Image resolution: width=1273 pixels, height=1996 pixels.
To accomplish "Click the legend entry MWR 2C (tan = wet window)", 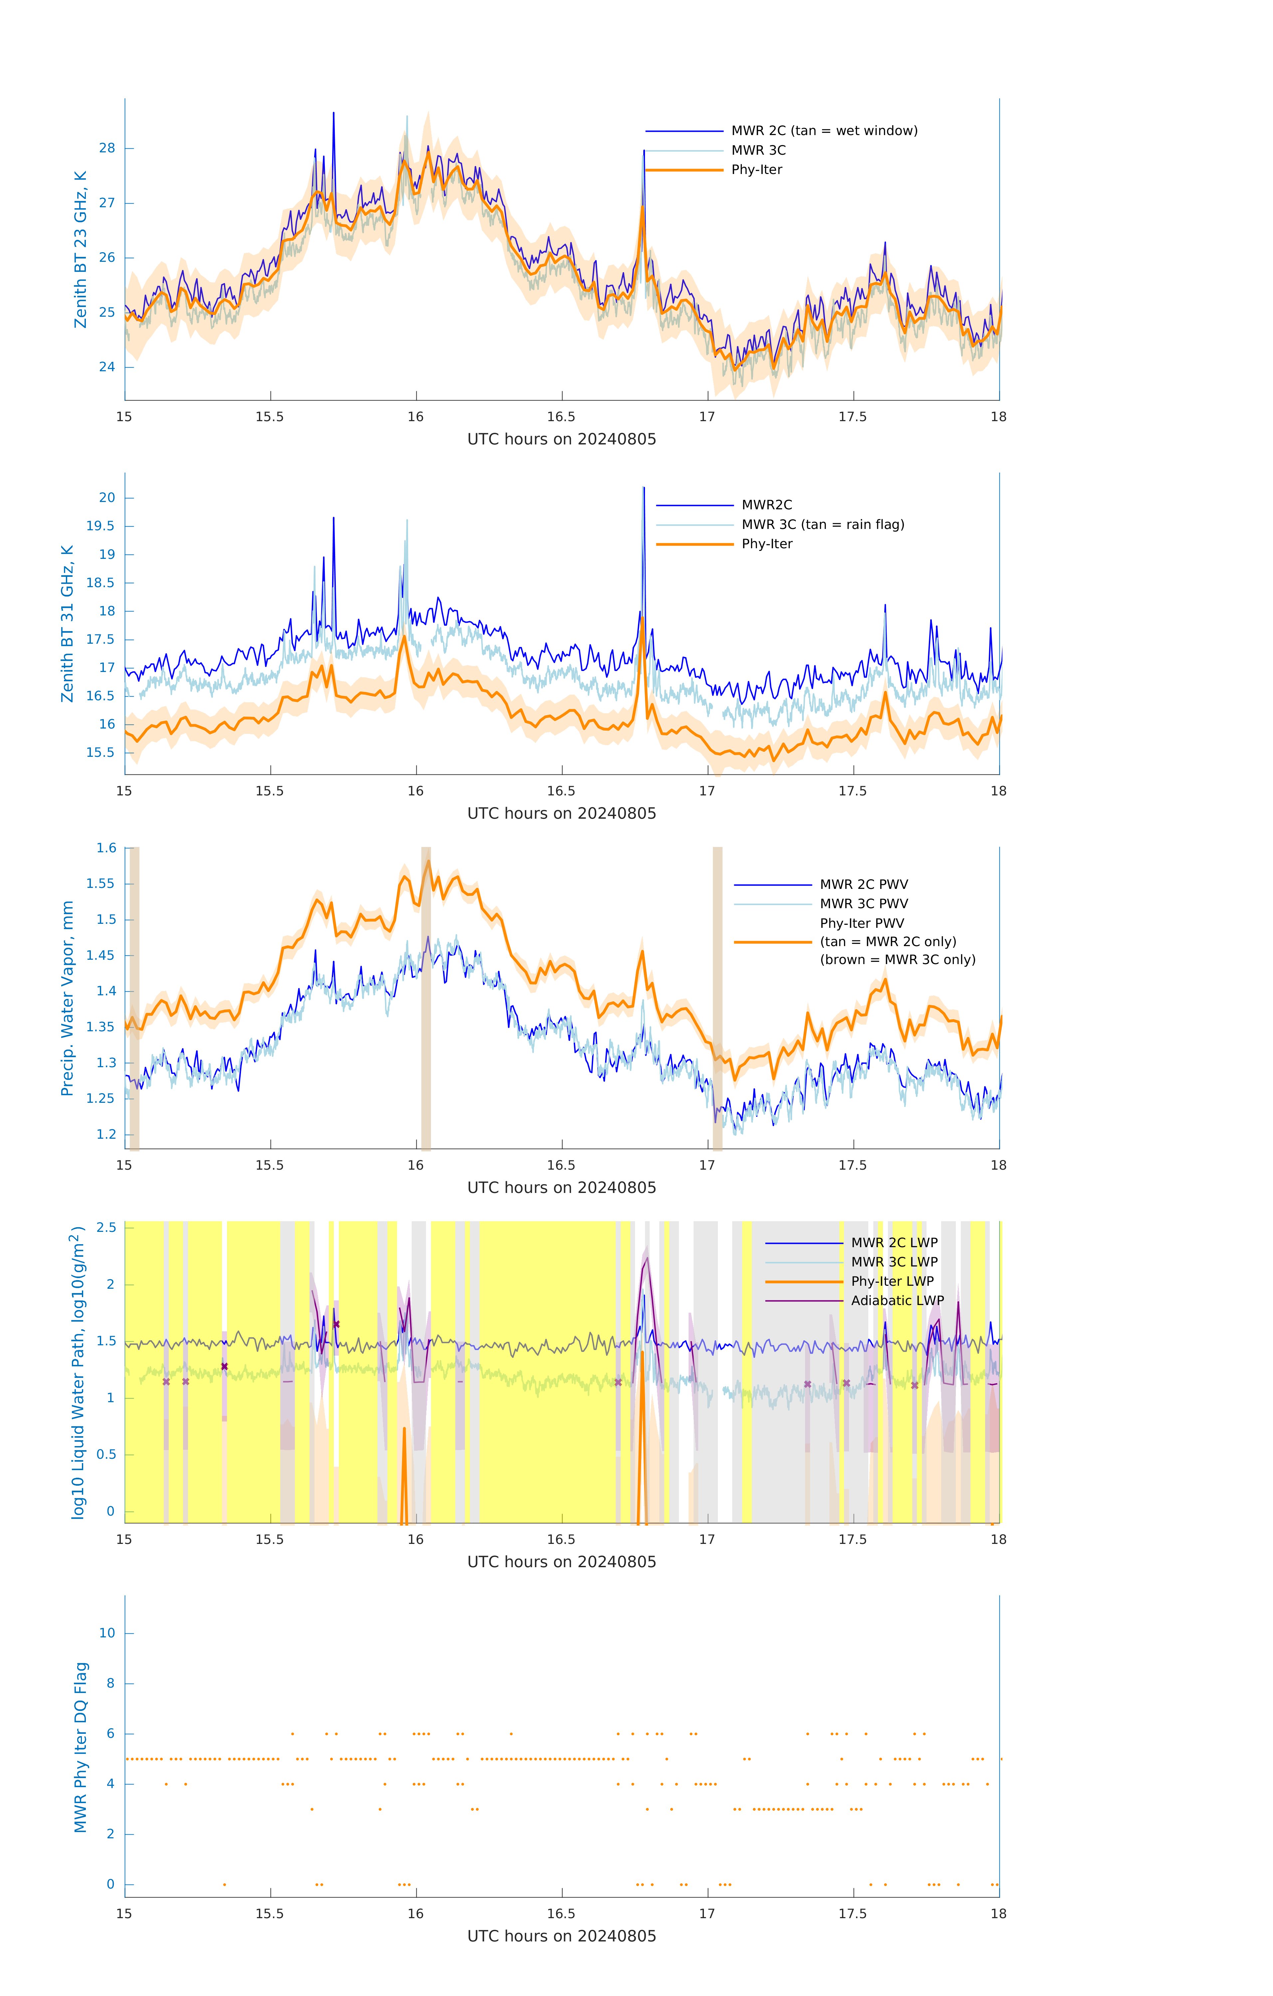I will (x=823, y=131).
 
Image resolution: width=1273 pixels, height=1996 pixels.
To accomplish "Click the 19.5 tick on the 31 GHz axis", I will (x=101, y=526).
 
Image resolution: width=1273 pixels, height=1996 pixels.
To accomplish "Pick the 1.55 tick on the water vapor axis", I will (x=101, y=884).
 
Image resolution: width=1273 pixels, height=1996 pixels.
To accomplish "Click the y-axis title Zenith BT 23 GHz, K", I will (x=81, y=249).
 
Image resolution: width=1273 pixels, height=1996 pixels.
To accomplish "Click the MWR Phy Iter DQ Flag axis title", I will (x=81, y=1747).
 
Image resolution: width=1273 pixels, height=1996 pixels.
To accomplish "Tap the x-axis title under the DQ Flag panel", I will (x=561, y=1936).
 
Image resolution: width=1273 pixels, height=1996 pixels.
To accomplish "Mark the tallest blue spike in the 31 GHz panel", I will (x=644, y=491).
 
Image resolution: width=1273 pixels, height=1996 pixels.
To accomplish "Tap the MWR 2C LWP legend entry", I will (x=894, y=1243).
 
